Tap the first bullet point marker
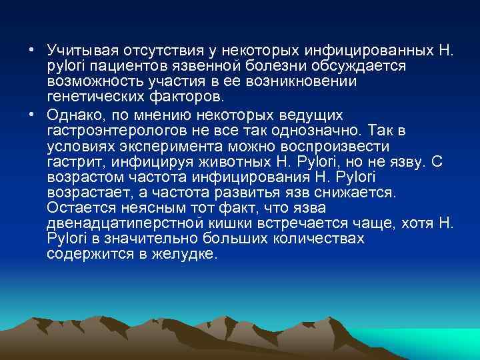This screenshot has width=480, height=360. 32,51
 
